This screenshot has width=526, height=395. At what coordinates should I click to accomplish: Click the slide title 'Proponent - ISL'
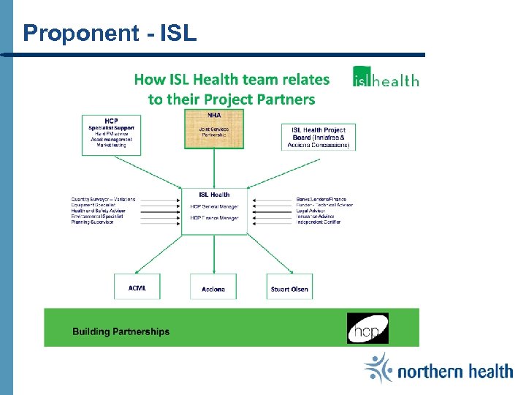[110, 33]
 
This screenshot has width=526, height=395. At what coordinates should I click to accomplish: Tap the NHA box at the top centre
[214, 129]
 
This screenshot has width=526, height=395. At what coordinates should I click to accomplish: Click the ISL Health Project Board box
[319, 137]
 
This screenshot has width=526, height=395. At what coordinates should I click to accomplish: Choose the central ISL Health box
[214, 211]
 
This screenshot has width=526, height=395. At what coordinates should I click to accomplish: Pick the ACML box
[137, 287]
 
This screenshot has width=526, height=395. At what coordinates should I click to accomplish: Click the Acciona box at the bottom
[213, 287]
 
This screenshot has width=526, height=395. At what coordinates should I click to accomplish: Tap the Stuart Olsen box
[289, 287]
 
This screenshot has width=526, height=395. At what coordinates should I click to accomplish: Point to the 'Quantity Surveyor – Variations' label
[103, 199]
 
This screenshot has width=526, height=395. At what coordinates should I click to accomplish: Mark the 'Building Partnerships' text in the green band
[121, 331]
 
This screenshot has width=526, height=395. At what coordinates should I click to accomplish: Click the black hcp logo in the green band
[367, 328]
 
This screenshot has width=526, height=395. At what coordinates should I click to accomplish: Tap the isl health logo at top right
[386, 78]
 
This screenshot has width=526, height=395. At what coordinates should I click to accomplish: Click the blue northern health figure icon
[378, 368]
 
